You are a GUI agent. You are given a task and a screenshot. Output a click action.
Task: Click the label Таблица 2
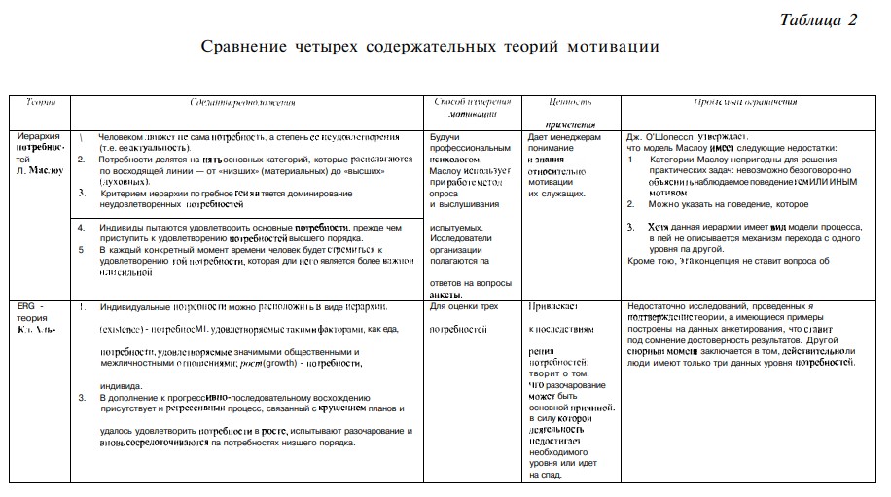click(x=818, y=20)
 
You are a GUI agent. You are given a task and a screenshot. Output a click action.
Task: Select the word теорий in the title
click(x=544, y=47)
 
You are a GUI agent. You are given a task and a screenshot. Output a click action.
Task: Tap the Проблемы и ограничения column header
click(x=746, y=101)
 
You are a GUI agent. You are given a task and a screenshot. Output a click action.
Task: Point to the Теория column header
click(x=41, y=101)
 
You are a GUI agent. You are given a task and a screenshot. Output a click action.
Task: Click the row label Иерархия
click(x=39, y=136)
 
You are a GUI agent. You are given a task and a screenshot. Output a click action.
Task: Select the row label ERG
click(x=26, y=305)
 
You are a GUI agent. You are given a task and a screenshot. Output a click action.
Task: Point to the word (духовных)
click(x=125, y=182)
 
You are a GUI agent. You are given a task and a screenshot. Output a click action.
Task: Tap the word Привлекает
click(x=553, y=306)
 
